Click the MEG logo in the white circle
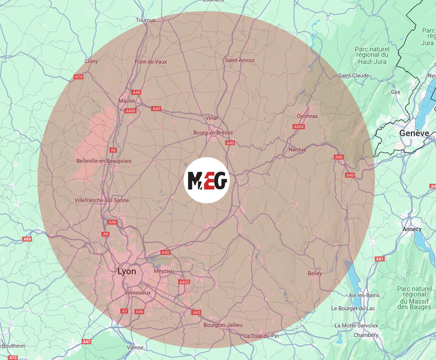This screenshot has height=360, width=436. pos(207,180)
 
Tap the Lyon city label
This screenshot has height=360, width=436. pos(127,271)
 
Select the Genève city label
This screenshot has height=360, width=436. pos(414,133)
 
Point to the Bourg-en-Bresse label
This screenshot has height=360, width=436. pos(213,133)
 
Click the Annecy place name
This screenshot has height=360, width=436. pos(412,229)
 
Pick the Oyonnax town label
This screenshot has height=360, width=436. pos(307,116)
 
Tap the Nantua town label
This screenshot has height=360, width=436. pos(297,149)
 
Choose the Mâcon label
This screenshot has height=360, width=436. pos(127,101)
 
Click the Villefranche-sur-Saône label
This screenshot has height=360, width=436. pos(102,200)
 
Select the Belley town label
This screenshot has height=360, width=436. pos(315,274)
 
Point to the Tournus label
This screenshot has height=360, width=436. pos(146,20)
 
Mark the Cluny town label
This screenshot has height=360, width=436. pos(91,61)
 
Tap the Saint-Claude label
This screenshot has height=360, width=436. pos(354,75)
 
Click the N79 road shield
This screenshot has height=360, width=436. pos(78,77)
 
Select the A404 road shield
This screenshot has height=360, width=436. pos(299,127)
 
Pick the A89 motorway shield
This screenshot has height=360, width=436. pos(27,239)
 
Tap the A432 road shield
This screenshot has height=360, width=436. pos(184,282)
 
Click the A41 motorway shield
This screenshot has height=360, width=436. pos(380,259)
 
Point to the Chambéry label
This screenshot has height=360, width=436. pos(366,335)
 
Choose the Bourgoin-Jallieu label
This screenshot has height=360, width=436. pos(223,325)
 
